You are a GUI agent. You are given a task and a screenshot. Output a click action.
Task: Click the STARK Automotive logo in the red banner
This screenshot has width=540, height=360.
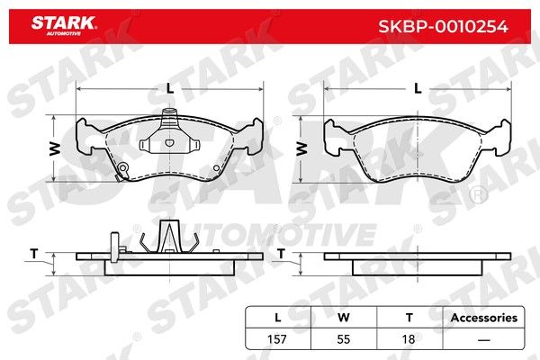(64, 26)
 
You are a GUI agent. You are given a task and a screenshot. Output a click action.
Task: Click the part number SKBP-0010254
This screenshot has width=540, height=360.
(443, 26)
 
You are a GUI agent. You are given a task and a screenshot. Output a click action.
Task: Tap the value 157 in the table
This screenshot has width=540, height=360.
(277, 339)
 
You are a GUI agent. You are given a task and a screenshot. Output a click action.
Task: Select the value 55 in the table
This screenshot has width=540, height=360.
(344, 339)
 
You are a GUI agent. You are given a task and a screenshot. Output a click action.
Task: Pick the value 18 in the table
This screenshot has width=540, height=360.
(409, 339)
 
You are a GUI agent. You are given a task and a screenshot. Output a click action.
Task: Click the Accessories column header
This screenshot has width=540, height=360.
(484, 318)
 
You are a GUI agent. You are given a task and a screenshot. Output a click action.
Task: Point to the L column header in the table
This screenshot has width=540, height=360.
(277, 318)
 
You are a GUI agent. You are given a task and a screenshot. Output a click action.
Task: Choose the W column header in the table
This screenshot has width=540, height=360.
(344, 318)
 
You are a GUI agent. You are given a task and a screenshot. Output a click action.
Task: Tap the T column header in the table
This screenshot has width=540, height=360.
(409, 318)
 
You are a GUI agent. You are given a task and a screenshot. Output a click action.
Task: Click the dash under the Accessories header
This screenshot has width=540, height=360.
(484, 340)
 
